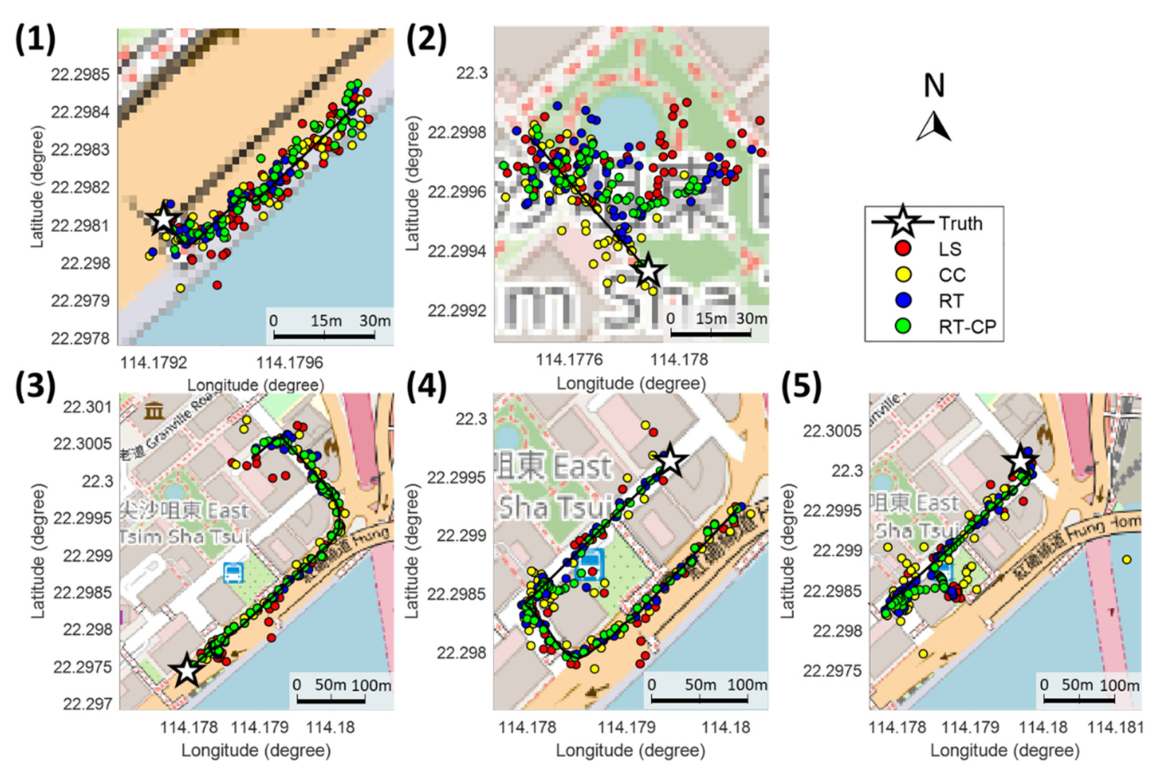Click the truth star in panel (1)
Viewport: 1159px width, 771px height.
pyautogui.click(x=163, y=220)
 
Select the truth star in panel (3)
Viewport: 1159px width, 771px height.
pyautogui.click(x=186, y=671)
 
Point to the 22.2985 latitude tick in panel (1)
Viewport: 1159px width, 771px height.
pyautogui.click(x=81, y=75)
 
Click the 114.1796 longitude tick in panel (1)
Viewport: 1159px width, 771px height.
pyautogui.click(x=289, y=363)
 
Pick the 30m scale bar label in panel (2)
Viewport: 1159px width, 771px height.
pyautogui.click(x=752, y=319)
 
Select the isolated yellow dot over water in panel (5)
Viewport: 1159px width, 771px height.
pyautogui.click(x=1127, y=560)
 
